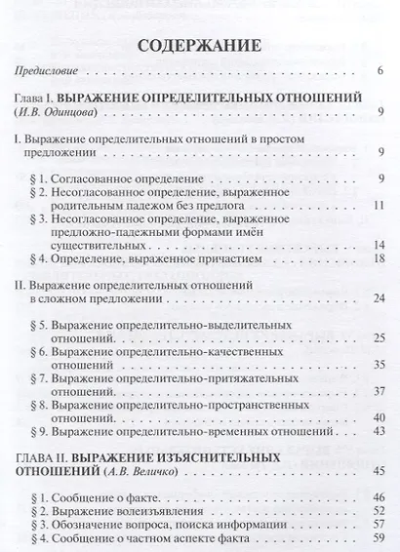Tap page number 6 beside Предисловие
(x=380, y=71)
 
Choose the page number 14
(x=379, y=243)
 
